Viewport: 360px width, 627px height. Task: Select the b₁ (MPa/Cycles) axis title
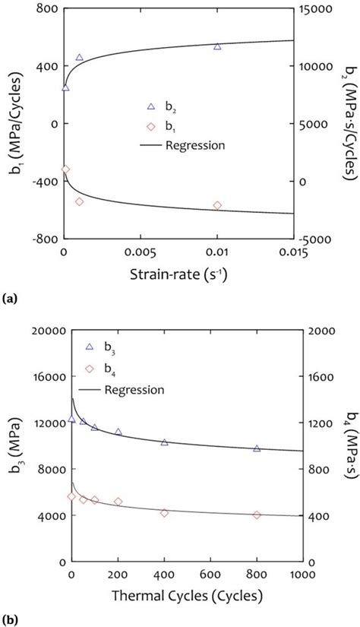(14, 124)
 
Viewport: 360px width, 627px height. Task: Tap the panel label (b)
(11, 620)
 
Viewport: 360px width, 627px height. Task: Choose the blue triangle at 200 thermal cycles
(118, 432)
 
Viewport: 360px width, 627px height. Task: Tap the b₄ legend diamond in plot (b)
(90, 369)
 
